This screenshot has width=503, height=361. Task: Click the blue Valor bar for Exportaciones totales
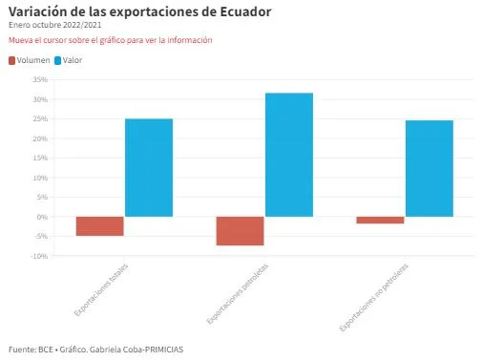149,167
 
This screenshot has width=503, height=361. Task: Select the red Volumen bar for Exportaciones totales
100,226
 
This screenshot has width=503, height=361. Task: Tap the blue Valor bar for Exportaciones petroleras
289,155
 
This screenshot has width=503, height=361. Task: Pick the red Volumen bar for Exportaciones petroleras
240,231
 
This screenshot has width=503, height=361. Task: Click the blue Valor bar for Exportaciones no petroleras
430,168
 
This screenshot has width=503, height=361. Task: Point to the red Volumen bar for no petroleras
380,220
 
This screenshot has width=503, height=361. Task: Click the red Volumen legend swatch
11,61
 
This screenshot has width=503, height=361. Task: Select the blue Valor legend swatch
57,61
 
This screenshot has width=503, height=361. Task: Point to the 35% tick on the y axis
40,79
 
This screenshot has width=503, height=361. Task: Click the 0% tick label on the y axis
42,217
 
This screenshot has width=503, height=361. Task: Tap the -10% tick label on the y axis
39,256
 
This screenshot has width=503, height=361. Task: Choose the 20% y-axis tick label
40,138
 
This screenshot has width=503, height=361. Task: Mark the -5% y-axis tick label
41,237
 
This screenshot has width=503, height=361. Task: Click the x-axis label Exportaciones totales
101,289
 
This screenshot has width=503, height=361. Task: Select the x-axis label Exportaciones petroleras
237,294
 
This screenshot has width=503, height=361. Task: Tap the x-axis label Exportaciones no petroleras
374,297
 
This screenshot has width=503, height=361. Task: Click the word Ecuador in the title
245,11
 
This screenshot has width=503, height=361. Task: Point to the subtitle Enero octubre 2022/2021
54,25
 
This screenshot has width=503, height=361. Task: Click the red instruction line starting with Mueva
111,40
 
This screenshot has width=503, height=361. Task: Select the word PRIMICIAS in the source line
164,350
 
